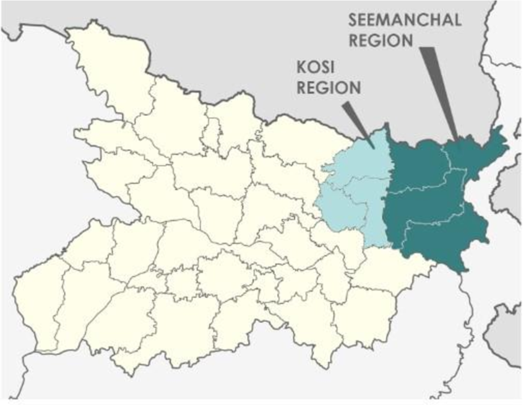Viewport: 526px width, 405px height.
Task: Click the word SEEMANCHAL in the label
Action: [x=405, y=19]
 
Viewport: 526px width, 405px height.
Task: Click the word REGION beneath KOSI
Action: [x=329, y=87]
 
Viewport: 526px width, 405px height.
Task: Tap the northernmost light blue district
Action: [x=365, y=158]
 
